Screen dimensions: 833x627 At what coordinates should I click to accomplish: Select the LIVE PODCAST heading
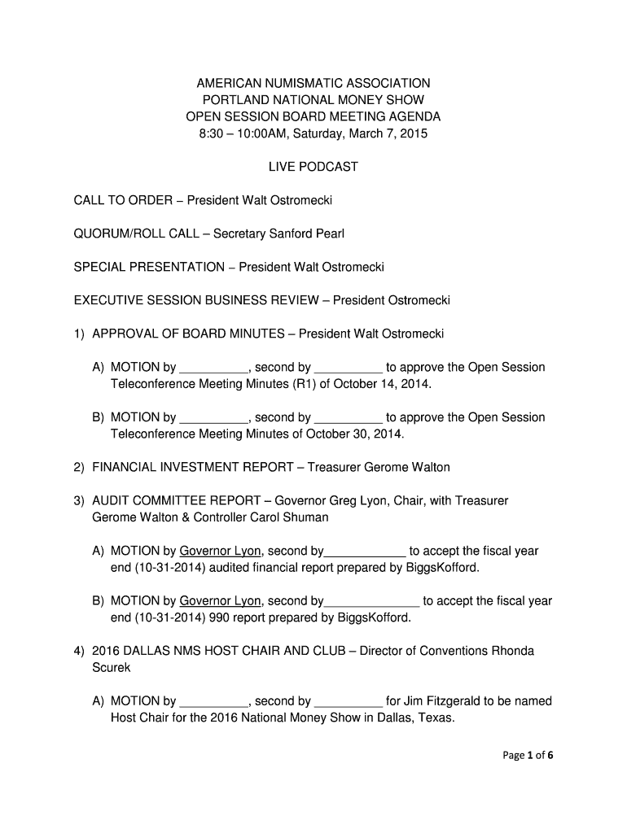(313, 167)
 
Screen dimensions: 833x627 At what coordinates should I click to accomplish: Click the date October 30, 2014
(354, 434)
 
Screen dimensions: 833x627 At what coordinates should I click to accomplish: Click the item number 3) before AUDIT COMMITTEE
(79, 501)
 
